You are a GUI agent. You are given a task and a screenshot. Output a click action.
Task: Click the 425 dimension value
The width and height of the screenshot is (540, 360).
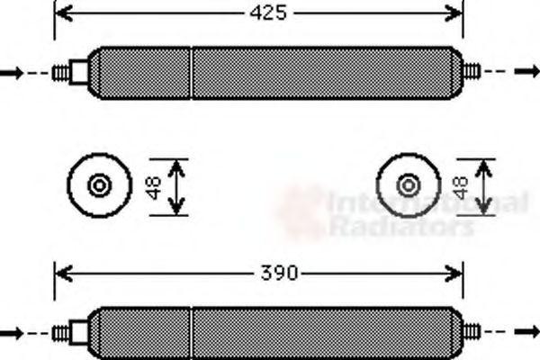(x=268, y=13)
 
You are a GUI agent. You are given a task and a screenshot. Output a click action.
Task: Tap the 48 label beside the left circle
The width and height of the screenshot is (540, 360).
(x=154, y=187)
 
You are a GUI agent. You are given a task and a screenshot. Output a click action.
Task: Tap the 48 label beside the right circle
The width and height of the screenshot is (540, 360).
(x=460, y=187)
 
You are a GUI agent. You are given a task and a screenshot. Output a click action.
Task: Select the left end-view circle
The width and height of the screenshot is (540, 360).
(x=99, y=185)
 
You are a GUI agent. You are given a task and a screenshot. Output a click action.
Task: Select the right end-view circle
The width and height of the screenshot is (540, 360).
(x=409, y=185)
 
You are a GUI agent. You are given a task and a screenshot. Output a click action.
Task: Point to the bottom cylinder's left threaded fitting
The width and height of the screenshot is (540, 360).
(x=61, y=333)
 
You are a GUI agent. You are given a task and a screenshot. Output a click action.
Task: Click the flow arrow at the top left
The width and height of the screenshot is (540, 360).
(x=12, y=72)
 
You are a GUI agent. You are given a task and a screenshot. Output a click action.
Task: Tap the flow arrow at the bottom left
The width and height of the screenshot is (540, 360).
(x=12, y=333)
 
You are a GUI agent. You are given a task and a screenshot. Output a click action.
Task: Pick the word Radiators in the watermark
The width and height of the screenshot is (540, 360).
(x=400, y=226)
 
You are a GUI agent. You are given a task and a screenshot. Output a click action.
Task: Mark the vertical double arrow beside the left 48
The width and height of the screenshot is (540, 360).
(x=177, y=187)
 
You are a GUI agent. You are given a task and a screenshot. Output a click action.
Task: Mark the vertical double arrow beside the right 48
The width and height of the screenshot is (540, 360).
(x=484, y=187)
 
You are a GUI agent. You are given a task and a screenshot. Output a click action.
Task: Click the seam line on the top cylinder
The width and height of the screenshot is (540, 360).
(x=192, y=72)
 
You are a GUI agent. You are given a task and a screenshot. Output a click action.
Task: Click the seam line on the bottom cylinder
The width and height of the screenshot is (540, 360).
(x=192, y=333)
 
